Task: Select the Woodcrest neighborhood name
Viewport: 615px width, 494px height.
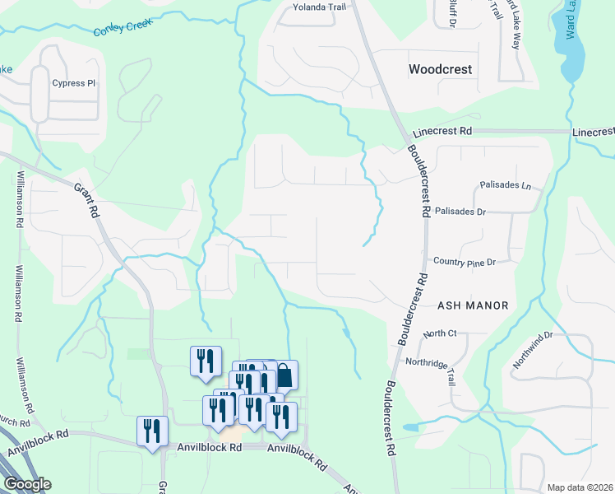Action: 441,69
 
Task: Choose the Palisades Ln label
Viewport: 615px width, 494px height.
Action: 505,185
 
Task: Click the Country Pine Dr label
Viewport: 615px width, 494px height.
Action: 465,262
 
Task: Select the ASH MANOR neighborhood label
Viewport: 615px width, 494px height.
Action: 473,305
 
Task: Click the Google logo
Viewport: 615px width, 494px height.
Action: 26,484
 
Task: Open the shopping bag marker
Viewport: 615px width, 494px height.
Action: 284,375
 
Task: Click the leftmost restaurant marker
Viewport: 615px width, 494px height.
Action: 152,431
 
